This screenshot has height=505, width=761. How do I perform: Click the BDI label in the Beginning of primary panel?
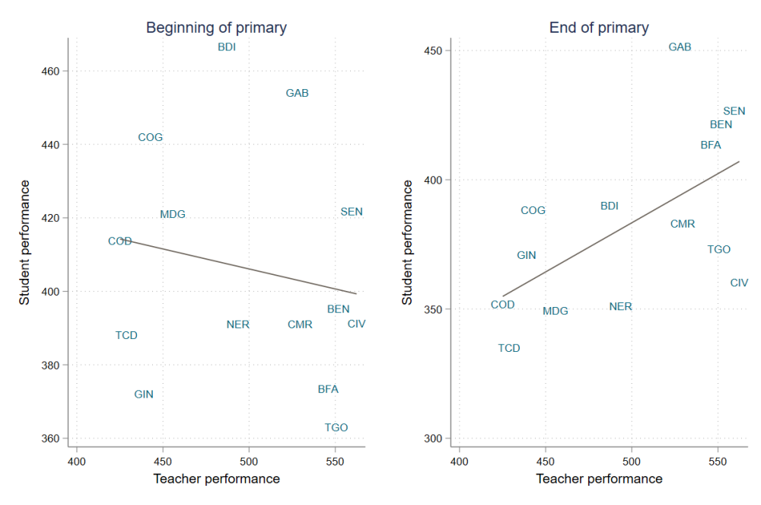point(227,47)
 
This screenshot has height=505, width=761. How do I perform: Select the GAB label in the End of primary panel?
point(680,47)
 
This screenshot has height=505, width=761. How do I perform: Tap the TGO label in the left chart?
point(336,427)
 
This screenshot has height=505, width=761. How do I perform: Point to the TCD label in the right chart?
point(509,348)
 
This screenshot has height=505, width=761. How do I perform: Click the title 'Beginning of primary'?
point(216,28)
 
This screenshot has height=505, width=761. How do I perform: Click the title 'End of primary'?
point(599,28)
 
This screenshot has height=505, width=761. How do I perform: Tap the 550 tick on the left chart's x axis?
point(335,462)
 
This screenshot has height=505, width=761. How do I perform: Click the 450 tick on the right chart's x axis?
point(545,462)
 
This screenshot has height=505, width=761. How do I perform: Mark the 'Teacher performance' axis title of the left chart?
point(216,479)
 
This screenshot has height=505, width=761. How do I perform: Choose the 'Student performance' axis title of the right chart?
point(407,242)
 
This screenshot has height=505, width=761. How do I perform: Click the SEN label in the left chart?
point(352,212)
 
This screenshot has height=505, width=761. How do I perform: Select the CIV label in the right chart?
point(739,283)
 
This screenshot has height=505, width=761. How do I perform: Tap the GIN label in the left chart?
point(144,395)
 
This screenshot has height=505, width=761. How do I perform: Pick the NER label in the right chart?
point(620,306)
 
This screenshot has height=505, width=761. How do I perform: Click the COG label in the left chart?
point(150,137)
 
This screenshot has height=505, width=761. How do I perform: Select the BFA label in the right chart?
point(711,145)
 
